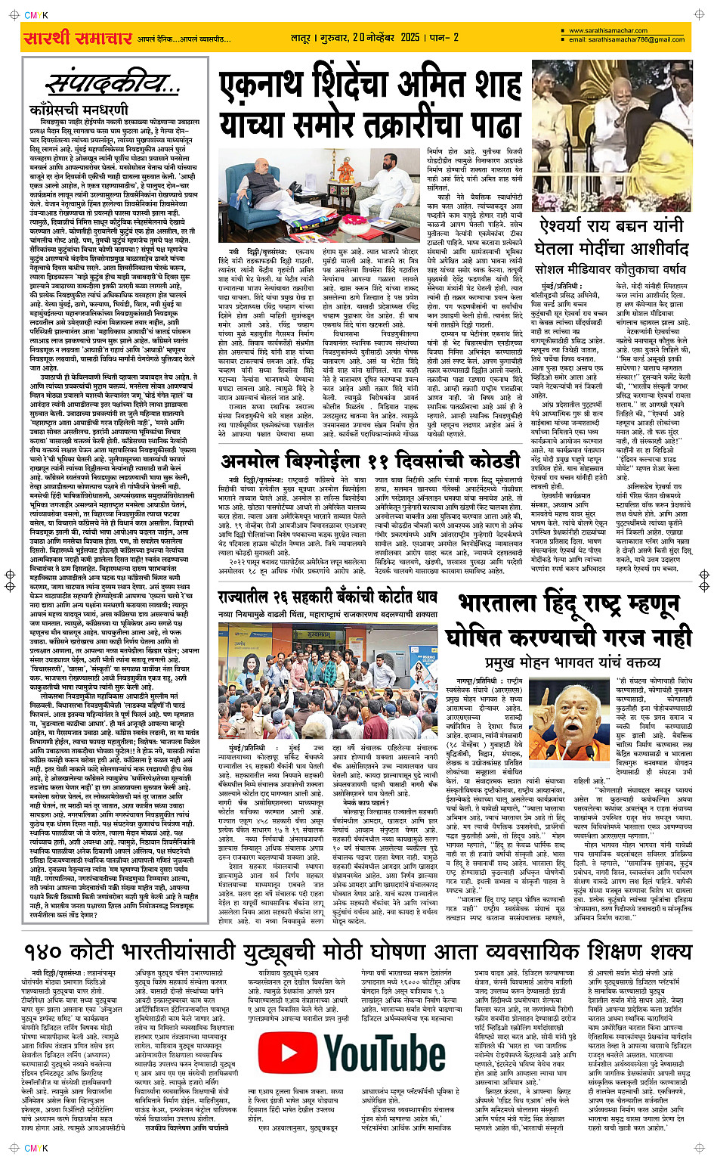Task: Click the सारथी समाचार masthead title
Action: tap(78, 38)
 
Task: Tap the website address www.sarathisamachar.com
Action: tap(607, 31)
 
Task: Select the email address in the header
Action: tap(626, 40)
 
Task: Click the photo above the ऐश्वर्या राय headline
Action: tap(612, 136)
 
